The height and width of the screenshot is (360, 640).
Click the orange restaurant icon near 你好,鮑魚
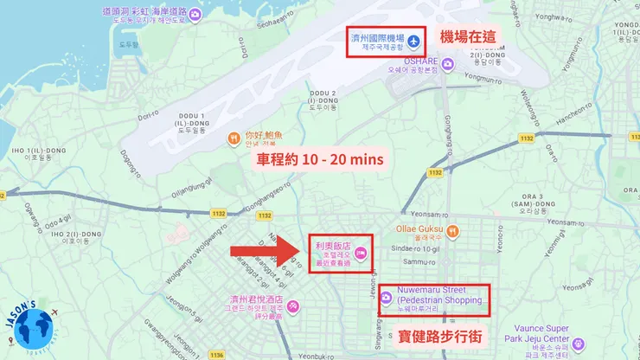point(233,139)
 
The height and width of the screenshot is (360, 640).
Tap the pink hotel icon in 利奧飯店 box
point(362,253)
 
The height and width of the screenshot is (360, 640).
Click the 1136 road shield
point(216,354)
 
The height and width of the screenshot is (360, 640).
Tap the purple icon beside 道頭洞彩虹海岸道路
point(195,15)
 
